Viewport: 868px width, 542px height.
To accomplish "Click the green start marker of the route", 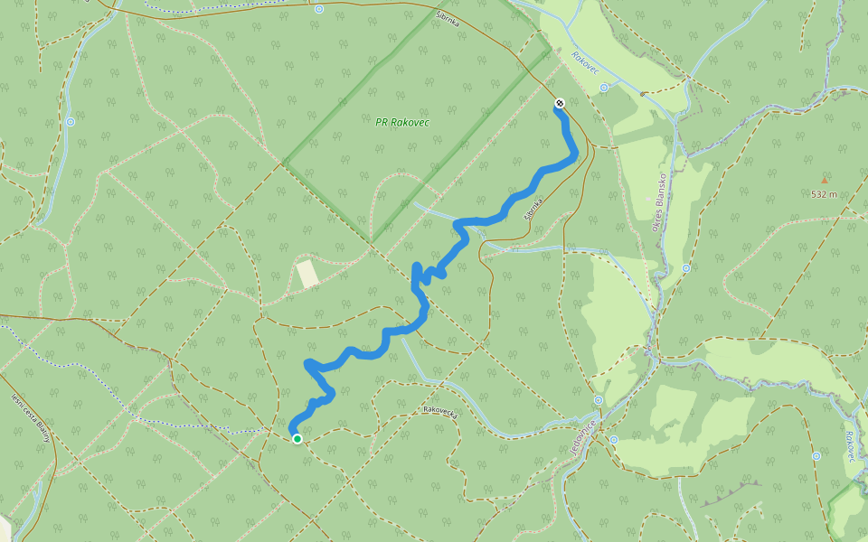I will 297,438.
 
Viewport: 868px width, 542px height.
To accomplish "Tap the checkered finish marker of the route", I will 560,104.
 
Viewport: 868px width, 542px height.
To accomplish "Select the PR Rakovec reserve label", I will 402,122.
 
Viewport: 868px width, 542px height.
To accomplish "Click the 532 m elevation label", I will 824,194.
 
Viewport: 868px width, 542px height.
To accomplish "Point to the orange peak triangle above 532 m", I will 824,181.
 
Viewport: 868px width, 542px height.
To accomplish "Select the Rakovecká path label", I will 442,410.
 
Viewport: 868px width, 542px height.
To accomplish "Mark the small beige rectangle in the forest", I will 308,273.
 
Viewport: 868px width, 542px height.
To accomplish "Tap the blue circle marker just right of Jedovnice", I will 614,440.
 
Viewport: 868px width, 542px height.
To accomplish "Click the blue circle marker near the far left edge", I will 71,121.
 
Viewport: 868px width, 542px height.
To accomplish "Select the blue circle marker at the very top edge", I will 319,10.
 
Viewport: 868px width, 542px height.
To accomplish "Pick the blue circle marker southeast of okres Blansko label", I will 686,268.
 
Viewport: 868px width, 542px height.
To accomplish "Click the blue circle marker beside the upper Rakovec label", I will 603,88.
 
